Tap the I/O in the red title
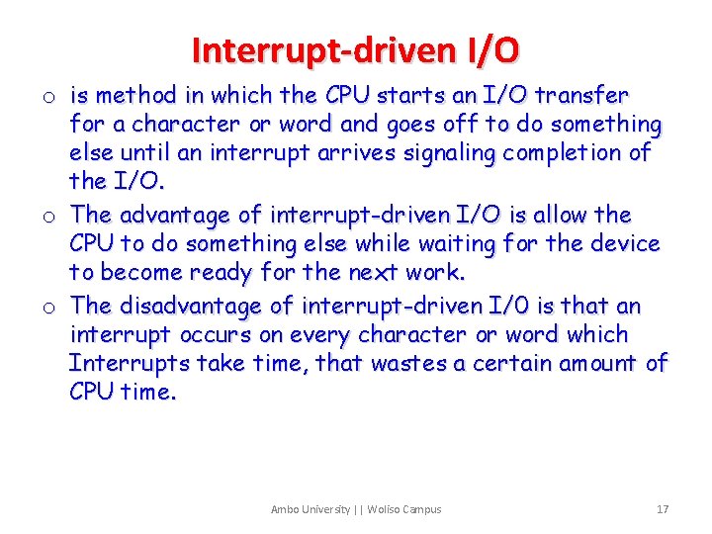click(x=490, y=48)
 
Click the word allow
click(x=562, y=215)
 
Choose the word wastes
click(x=408, y=363)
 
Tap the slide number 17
click(x=663, y=509)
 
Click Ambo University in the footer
click(x=311, y=509)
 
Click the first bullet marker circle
click(x=47, y=98)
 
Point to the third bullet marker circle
click(x=47, y=308)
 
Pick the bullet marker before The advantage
click(x=47, y=217)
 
